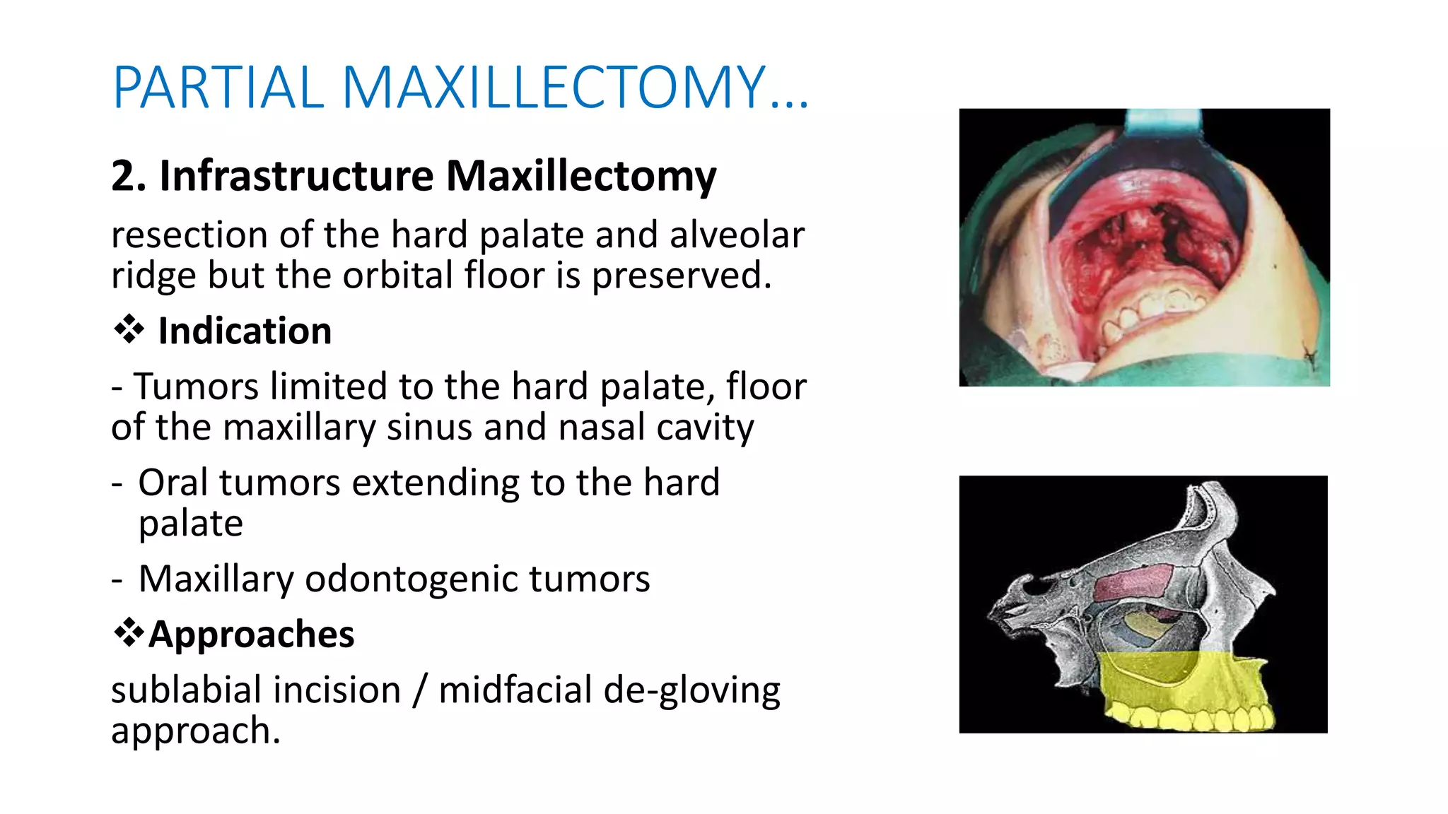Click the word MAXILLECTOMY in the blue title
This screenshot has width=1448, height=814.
pos(554,88)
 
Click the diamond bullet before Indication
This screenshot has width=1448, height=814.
pos(129,329)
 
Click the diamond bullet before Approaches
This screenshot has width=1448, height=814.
pos(129,632)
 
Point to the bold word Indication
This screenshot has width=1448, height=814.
pos(245,331)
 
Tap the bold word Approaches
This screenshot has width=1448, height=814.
pos(251,634)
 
